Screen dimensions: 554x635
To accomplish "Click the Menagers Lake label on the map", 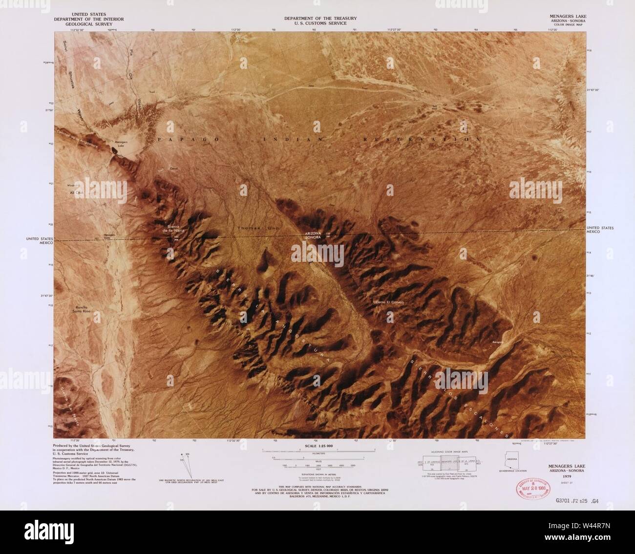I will click(121, 143).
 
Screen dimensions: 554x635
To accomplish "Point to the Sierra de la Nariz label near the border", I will click(174, 230).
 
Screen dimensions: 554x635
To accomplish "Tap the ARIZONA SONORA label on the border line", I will click(314, 235).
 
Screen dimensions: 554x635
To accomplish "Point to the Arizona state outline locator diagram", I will click(513, 459).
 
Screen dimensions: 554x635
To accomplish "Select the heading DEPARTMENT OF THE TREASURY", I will click(320, 19).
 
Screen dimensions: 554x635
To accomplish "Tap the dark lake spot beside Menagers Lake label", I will click(114, 151).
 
